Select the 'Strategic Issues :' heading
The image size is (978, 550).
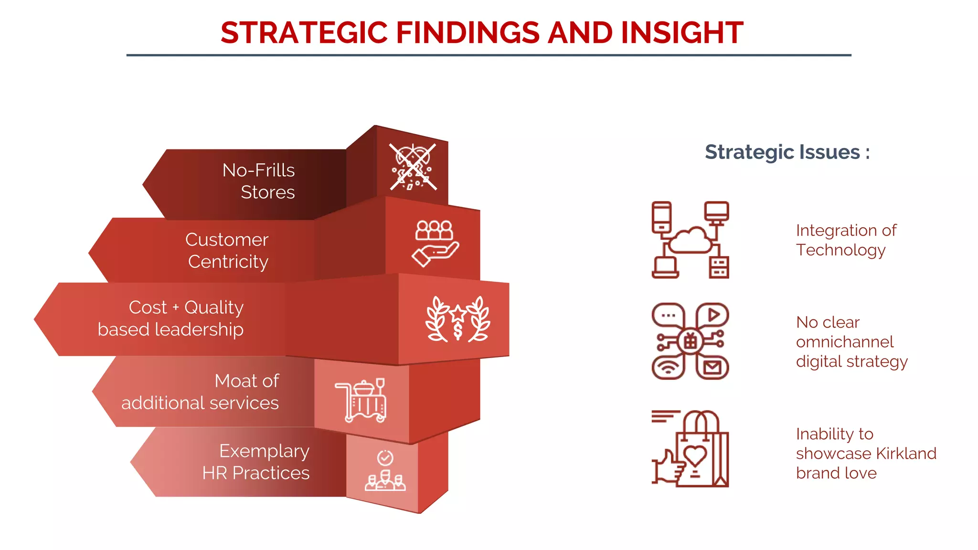(787, 152)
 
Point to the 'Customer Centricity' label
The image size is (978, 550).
(227, 250)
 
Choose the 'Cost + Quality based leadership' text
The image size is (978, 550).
(171, 318)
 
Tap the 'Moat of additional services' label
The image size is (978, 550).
(200, 391)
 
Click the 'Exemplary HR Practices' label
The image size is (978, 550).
(256, 462)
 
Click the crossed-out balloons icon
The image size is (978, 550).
(413, 167)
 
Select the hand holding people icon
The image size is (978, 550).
(435, 243)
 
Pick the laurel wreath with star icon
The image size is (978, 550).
(457, 319)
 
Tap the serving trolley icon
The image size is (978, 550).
(361, 400)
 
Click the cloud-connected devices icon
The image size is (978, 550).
(690, 240)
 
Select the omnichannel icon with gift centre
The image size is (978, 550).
(690, 341)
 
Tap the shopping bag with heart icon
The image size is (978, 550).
(690, 449)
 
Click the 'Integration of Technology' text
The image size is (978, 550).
(846, 240)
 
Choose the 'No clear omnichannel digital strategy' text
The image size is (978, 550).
(851, 342)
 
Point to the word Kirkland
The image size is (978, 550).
(906, 454)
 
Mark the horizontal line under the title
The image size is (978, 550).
(489, 55)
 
